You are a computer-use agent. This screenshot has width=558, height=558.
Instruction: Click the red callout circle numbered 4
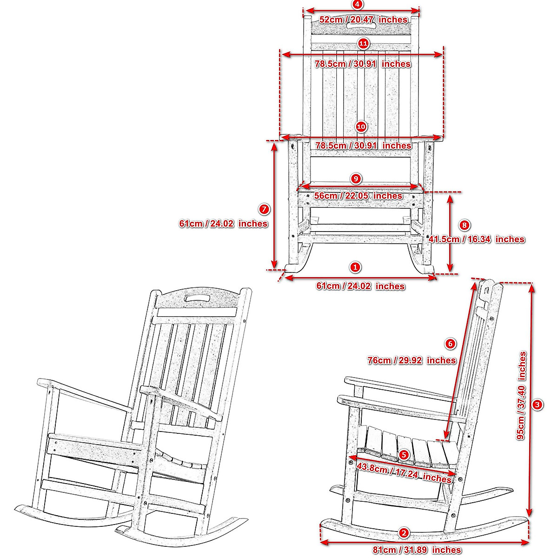click(357, 4)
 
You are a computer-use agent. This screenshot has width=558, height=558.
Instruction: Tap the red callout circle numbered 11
click(363, 44)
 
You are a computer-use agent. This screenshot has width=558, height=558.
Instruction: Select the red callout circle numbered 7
click(264, 209)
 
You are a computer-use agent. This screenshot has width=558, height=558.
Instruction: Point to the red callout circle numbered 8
click(464, 225)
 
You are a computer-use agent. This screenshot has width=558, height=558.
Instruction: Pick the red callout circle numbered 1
click(355, 267)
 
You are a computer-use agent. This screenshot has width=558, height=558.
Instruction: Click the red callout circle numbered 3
click(538, 405)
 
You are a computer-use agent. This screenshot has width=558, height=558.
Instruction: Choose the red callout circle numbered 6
click(450, 344)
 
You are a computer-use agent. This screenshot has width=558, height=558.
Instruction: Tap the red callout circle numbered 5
click(404, 455)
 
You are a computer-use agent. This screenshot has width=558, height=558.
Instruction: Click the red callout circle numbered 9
click(356, 179)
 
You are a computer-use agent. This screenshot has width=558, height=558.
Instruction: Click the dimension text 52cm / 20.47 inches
click(363, 20)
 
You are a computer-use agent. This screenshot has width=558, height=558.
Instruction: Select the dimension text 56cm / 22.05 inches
click(358, 196)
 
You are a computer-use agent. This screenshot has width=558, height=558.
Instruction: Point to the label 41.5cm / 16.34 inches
click(476, 239)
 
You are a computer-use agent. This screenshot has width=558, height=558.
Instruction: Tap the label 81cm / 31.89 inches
click(417, 550)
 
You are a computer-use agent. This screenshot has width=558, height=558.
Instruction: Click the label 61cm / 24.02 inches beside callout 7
click(223, 224)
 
